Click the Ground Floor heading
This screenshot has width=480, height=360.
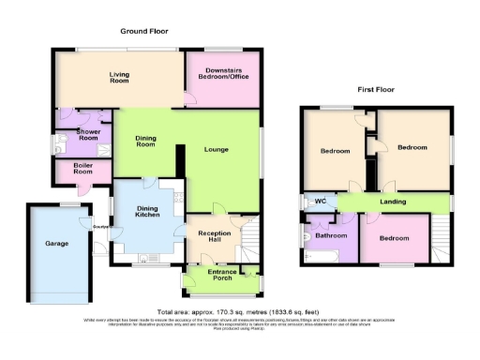tap(143, 31)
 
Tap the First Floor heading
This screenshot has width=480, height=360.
tap(377, 90)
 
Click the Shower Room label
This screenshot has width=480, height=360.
tap(85, 134)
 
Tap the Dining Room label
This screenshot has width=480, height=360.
tap(145, 141)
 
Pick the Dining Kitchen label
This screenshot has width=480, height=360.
tap(143, 213)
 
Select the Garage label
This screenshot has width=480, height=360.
tap(58, 243)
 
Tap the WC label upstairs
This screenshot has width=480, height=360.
tap(320, 201)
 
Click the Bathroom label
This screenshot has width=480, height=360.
tap(331, 236)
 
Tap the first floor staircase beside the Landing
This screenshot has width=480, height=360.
tap(440, 238)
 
